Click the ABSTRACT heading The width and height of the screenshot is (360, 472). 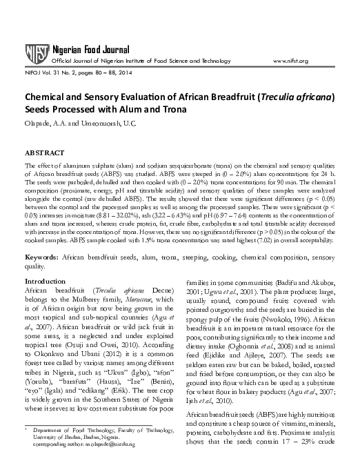(45, 152)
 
